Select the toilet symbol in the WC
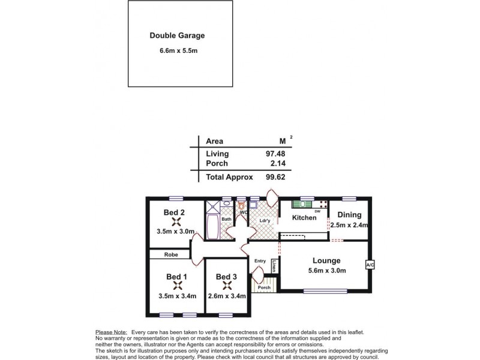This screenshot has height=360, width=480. pyautogui.click(x=242, y=206)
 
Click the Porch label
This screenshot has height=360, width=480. pyautogui.click(x=264, y=288)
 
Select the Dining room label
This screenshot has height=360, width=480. pyautogui.click(x=348, y=215)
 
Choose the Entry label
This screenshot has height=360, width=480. pyautogui.click(x=260, y=261)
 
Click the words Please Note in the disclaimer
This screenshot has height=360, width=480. pyautogui.click(x=111, y=332)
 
